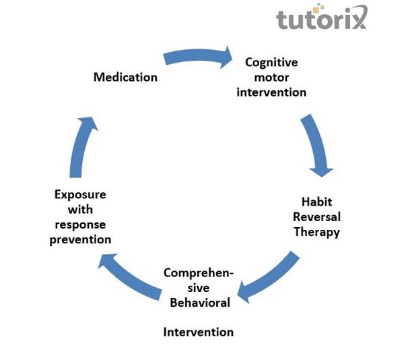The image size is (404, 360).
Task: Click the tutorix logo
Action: pyautogui.click(x=321, y=19)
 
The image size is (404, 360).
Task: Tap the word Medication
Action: pyautogui.click(x=125, y=77)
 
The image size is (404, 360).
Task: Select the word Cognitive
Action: pyautogui.click(x=271, y=62)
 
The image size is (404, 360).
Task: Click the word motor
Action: pyautogui.click(x=271, y=77)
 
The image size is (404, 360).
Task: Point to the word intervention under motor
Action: pyautogui.click(x=271, y=92)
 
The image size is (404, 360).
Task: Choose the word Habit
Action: pyautogui.click(x=316, y=202)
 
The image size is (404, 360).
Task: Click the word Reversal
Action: pyautogui.click(x=316, y=216)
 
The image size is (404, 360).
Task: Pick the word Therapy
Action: pyautogui.click(x=316, y=232)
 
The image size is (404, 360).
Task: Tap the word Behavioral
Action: pyautogui.click(x=200, y=302)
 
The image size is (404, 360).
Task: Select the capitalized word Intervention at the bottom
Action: pyautogui.click(x=199, y=332)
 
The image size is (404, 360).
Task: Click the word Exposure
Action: pyautogui.click(x=80, y=195)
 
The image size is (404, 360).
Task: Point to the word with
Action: pyautogui.click(x=80, y=210)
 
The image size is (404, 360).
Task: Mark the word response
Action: pyautogui.click(x=80, y=224)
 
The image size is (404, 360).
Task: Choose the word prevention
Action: pyautogui.click(x=80, y=239)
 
